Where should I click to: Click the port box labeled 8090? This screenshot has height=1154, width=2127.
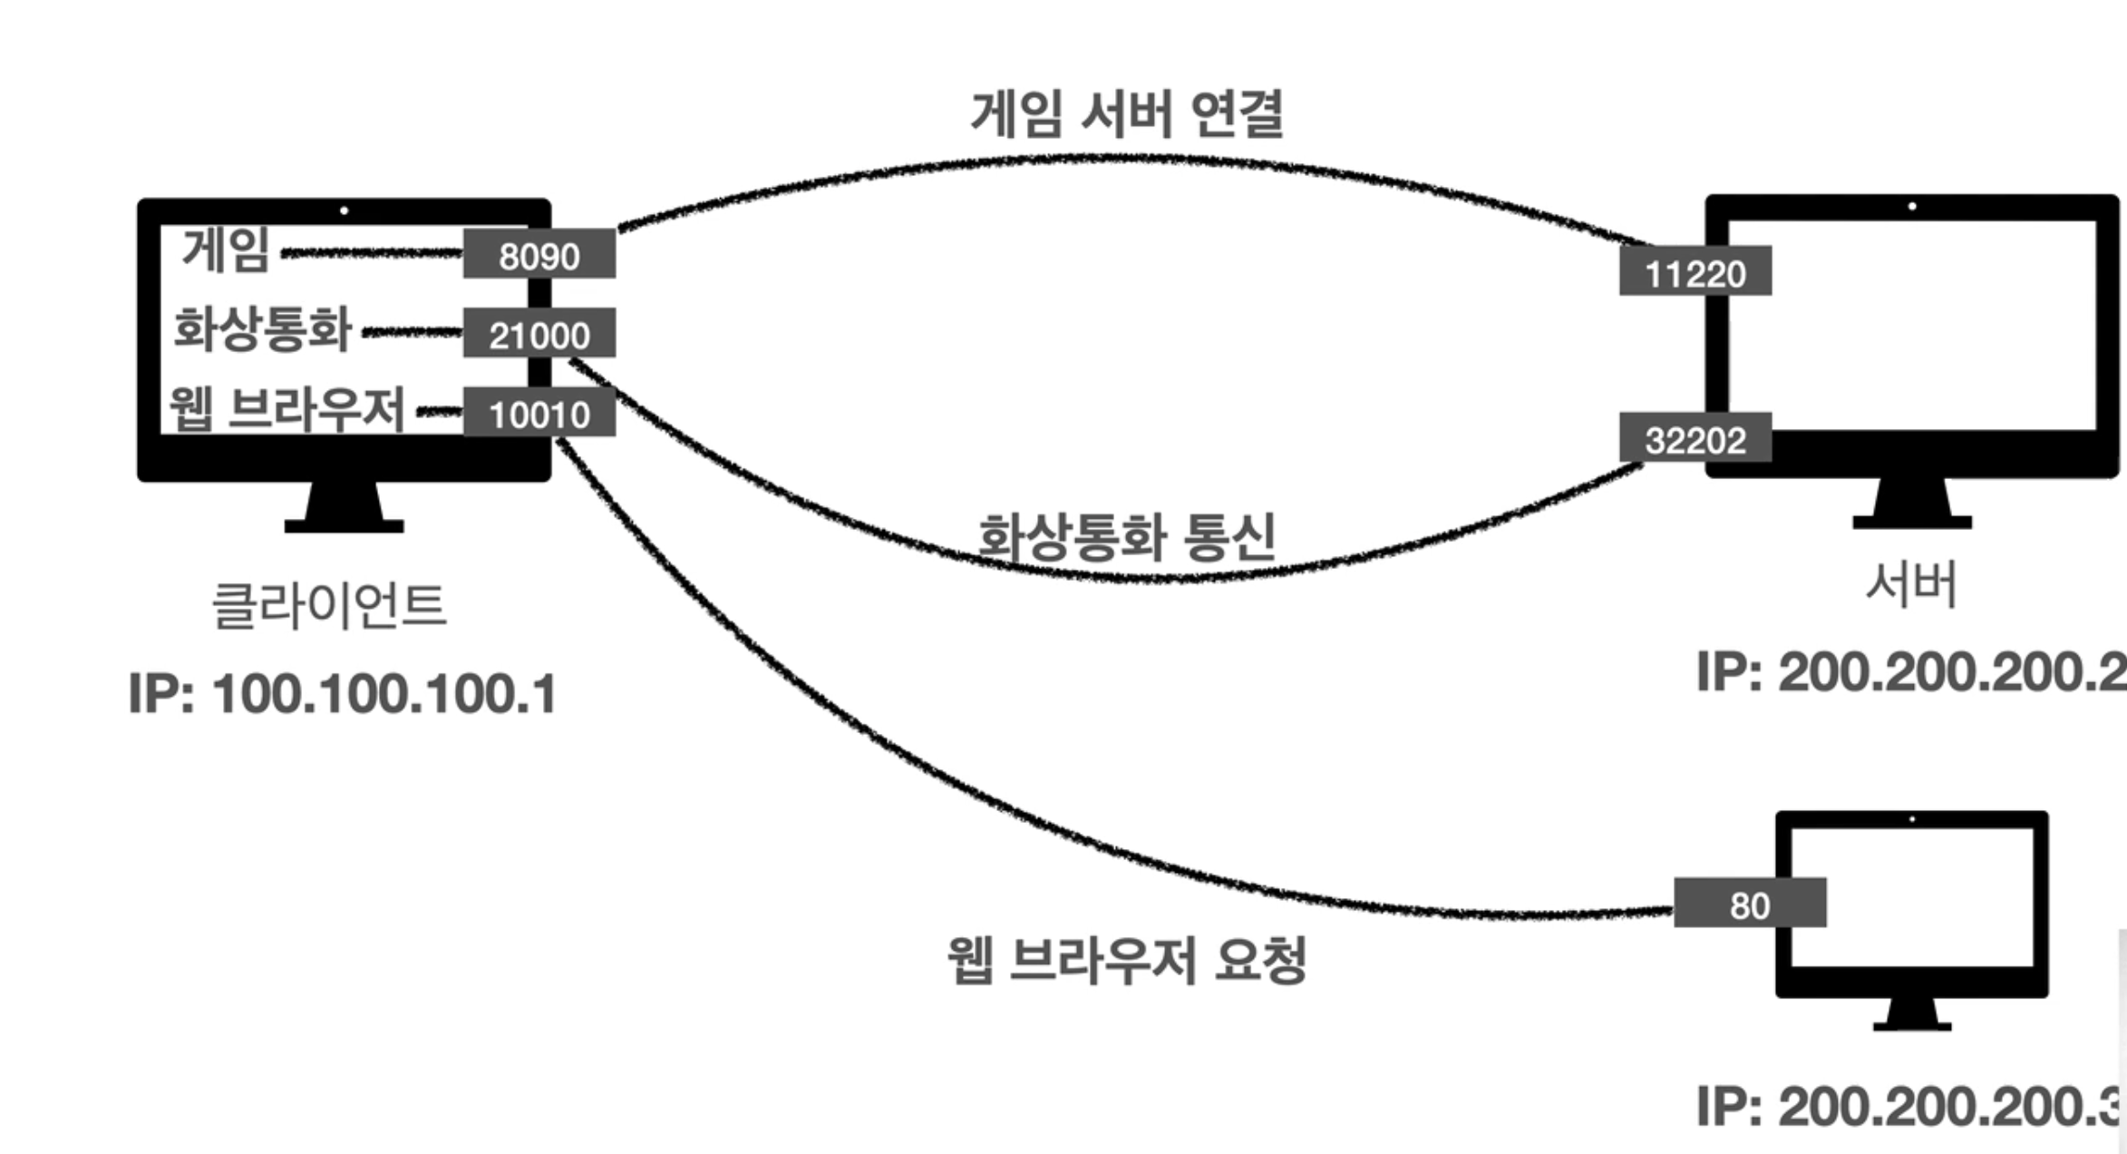(x=539, y=255)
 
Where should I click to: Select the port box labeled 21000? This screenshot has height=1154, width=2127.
(x=539, y=334)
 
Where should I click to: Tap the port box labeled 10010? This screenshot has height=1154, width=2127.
(x=539, y=414)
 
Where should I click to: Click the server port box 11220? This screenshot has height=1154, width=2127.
(x=1695, y=271)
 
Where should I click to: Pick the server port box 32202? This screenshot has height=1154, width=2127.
(x=1695, y=439)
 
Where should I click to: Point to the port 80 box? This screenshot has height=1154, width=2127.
(x=1749, y=904)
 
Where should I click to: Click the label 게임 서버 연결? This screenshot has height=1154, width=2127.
(x=1127, y=114)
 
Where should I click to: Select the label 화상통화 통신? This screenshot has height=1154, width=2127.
(x=1127, y=536)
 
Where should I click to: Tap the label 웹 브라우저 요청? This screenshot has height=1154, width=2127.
(x=1127, y=960)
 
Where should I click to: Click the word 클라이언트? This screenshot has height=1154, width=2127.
(x=329, y=605)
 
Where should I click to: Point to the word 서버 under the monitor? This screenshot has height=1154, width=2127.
(x=1911, y=585)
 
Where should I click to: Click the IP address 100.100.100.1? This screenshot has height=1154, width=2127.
(x=343, y=694)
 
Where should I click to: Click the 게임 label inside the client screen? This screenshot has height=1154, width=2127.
(x=226, y=249)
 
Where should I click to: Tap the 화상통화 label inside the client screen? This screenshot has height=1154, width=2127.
(x=262, y=328)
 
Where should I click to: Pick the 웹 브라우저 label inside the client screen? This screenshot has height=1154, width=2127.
(x=287, y=409)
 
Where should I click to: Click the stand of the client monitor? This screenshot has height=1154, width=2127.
(x=344, y=509)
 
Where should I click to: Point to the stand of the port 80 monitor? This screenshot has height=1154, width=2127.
(x=1912, y=1014)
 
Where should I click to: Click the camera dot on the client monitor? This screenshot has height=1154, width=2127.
(x=344, y=210)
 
